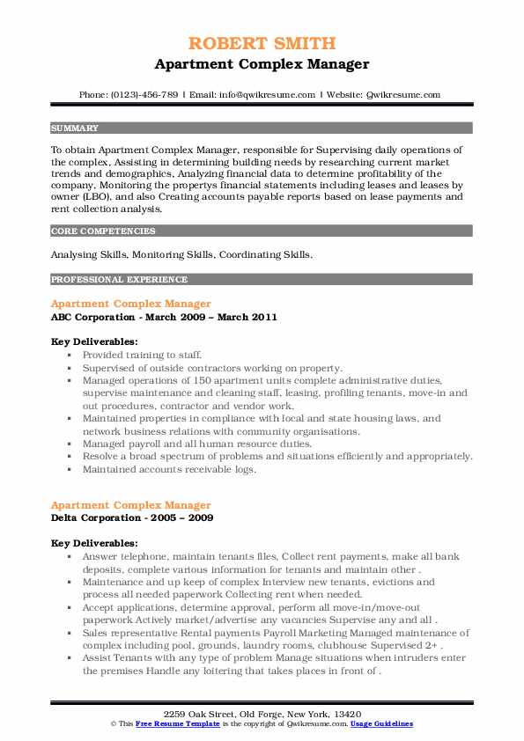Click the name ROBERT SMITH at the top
262,44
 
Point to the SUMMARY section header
75,128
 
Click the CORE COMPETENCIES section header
103,231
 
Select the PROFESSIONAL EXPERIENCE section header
119,280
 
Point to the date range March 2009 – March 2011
220,317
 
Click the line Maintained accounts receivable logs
169,469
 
